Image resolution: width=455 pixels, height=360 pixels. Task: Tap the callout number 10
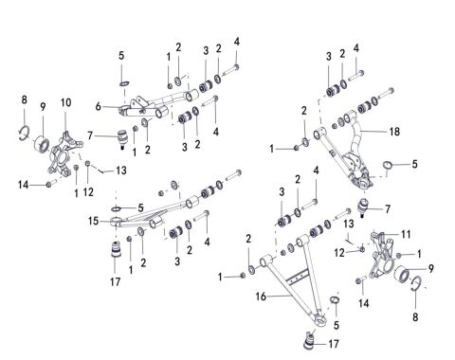[65, 101]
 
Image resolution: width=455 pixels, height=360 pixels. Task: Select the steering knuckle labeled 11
[384, 252]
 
